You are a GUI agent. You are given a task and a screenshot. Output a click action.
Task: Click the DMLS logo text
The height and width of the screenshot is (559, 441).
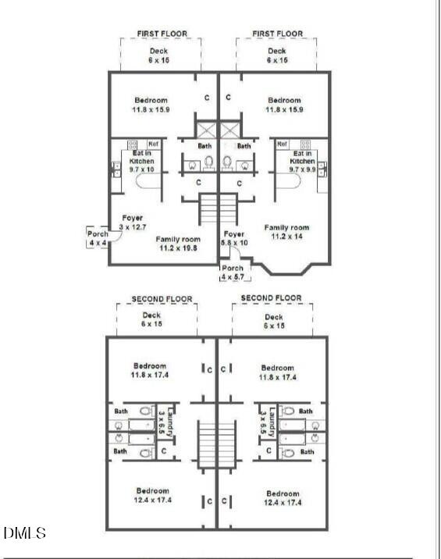[25, 534]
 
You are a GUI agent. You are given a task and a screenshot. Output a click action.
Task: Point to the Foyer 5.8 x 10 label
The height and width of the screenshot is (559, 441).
[234, 238]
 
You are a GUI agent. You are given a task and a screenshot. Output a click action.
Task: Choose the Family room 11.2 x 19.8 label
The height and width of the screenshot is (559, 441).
[178, 244]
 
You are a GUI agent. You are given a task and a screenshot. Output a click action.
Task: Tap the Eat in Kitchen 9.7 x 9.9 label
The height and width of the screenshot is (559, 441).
[302, 161]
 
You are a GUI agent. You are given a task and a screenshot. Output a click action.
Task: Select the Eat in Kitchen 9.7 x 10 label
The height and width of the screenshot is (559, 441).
[142, 161]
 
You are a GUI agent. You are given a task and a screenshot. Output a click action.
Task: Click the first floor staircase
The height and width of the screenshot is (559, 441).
[218, 209]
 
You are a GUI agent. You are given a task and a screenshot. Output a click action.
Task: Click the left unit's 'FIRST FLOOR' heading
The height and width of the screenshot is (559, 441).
[162, 34]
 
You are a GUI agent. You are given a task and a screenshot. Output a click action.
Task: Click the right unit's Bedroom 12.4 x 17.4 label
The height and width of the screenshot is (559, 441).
[283, 498]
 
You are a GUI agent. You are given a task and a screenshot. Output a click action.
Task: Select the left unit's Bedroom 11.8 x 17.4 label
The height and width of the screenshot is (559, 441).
[150, 370]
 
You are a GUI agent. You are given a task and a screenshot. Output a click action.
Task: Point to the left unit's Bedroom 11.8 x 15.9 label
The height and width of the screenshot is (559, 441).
[151, 105]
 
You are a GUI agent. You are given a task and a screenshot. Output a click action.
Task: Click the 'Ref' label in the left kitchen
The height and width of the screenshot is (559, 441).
[153, 144]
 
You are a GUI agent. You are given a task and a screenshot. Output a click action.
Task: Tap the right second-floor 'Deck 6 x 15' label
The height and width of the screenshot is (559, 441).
[273, 320]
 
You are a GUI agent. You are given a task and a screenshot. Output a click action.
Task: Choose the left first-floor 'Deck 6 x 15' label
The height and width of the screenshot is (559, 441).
[158, 55]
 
